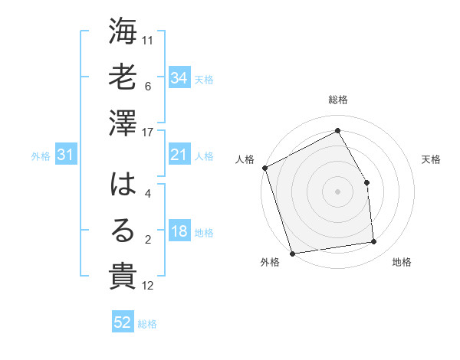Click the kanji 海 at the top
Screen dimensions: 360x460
pyautogui.click(x=123, y=33)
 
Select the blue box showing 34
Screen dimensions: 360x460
pyautogui.click(x=179, y=77)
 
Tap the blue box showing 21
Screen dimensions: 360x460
pyautogui.click(x=179, y=155)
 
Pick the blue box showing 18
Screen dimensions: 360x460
pyautogui.click(x=179, y=231)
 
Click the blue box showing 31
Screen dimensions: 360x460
pyautogui.click(x=66, y=155)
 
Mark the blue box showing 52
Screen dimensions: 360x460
pyautogui.click(x=123, y=322)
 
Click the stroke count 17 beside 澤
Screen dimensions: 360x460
pyautogui.click(x=148, y=132)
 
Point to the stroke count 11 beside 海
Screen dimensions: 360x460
pyautogui.click(x=148, y=39)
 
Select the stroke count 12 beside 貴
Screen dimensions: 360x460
pyautogui.click(x=148, y=286)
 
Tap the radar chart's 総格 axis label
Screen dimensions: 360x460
pyautogui.click(x=338, y=100)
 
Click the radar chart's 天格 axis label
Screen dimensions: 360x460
pyautogui.click(x=432, y=159)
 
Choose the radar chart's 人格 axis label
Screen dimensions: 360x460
pyautogui.click(x=245, y=159)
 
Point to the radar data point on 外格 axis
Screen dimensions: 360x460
pyautogui.click(x=292, y=253)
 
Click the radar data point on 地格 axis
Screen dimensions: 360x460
pyautogui.click(x=374, y=242)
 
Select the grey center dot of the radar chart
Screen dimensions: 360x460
pyautogui.click(x=338, y=191)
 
